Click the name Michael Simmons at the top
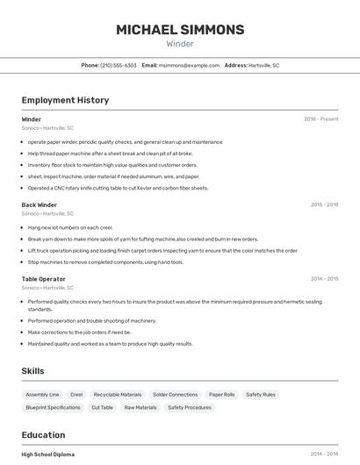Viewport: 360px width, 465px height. (180, 30)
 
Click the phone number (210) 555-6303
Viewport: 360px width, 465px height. (119, 66)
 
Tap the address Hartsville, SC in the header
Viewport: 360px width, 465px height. (263, 66)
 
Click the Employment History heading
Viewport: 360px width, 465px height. (65, 100)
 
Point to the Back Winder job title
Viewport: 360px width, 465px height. (40, 204)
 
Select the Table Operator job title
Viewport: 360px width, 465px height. (44, 279)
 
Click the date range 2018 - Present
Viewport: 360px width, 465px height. (320, 119)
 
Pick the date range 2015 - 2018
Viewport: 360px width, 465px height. (324, 204)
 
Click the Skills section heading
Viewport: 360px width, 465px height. (32, 371)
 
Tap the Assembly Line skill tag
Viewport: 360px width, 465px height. (42, 395)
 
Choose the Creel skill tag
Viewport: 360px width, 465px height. (76, 395)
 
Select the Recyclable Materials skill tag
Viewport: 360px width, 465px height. (118, 395)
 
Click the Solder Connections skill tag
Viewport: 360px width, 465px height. (175, 395)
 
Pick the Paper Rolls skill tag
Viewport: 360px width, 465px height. (222, 395)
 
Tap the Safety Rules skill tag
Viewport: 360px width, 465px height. (261, 395)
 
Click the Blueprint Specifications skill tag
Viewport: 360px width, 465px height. (53, 407)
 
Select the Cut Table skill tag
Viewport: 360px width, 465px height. (102, 407)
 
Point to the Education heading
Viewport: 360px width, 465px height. (43, 434)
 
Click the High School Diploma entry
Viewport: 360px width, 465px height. (48, 454)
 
